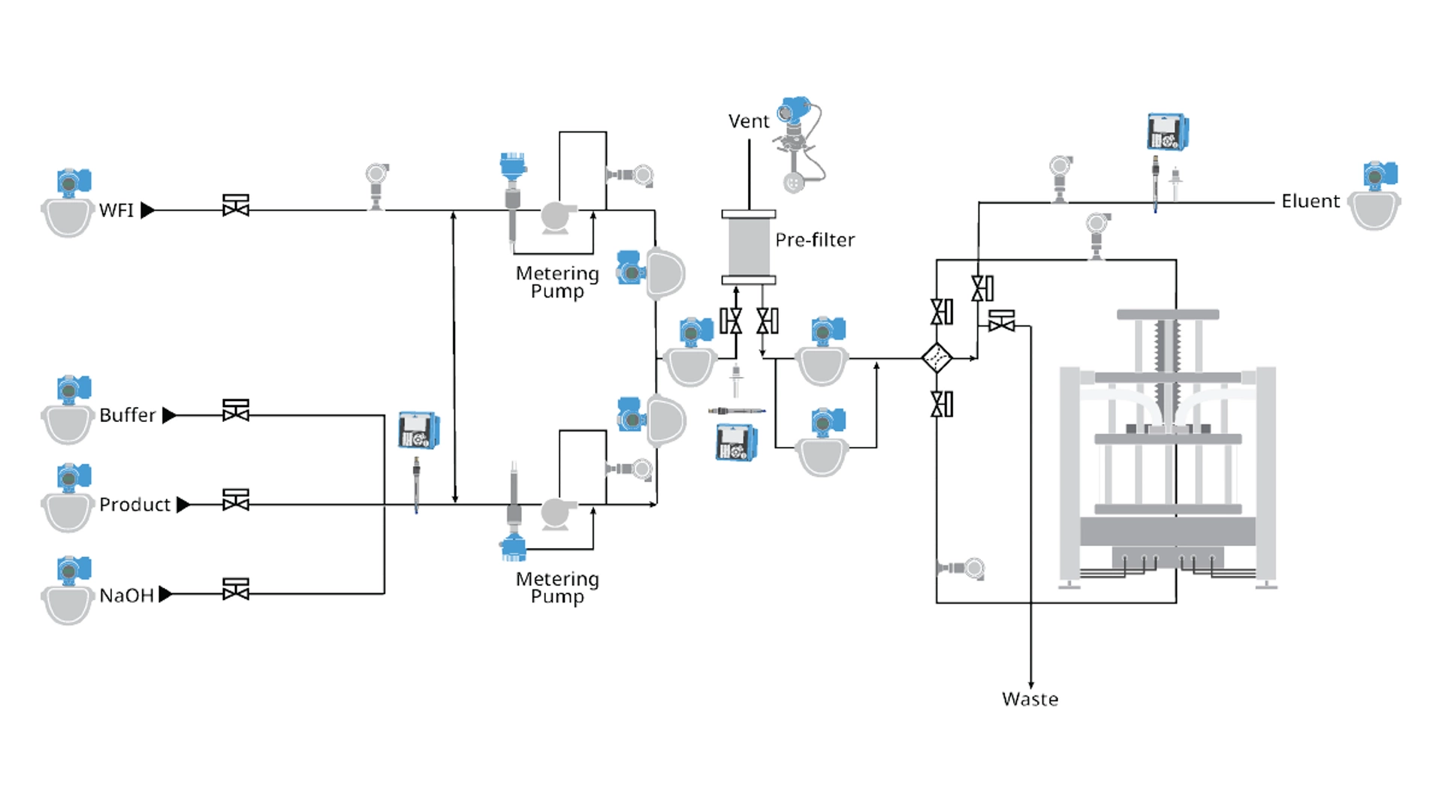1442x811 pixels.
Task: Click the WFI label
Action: pyautogui.click(x=116, y=210)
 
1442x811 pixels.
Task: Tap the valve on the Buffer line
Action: pyautogui.click(x=236, y=412)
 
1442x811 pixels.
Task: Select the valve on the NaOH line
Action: pyautogui.click(x=236, y=590)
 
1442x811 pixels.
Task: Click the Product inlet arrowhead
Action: pyautogui.click(x=183, y=505)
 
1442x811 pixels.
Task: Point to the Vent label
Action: pyautogui.click(x=748, y=122)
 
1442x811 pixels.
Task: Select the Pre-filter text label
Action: pyautogui.click(x=815, y=240)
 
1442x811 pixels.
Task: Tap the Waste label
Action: pyautogui.click(x=1030, y=699)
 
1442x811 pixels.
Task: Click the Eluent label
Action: pyautogui.click(x=1310, y=201)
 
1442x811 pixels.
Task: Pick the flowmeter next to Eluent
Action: pyautogui.click(x=1374, y=197)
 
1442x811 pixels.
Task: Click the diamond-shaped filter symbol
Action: pyautogui.click(x=937, y=358)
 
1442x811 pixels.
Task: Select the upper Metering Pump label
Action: pyautogui.click(x=557, y=282)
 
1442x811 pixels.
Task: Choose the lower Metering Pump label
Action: pyautogui.click(x=557, y=587)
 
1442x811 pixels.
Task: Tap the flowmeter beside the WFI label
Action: pyautogui.click(x=68, y=204)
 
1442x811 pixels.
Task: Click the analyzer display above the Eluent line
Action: pyautogui.click(x=1167, y=132)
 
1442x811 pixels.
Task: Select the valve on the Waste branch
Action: pyautogui.click(x=1001, y=322)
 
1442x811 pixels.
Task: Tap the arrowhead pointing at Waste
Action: pyautogui.click(x=1030, y=684)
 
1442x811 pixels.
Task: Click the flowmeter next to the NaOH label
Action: pyautogui.click(x=68, y=592)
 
